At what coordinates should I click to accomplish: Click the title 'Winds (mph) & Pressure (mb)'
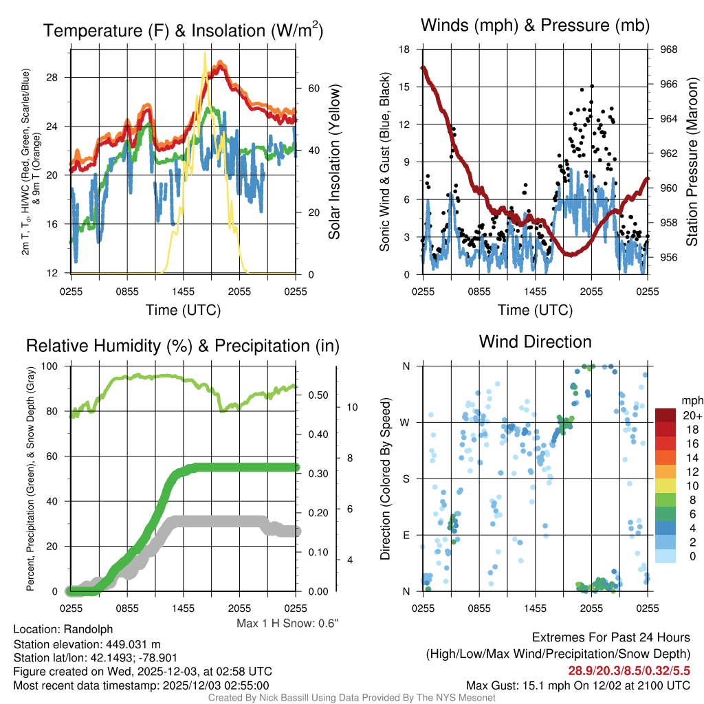(535, 26)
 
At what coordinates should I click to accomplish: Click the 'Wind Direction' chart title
(535, 342)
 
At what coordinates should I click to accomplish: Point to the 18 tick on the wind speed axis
(404, 49)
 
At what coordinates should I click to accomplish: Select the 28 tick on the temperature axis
(52, 77)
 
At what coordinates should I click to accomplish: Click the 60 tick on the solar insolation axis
(313, 89)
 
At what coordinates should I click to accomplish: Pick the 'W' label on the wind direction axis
(406, 422)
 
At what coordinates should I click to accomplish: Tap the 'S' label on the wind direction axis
(406, 478)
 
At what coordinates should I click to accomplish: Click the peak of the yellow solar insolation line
(205, 54)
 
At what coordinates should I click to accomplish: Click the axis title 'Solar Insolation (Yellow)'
(335, 162)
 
